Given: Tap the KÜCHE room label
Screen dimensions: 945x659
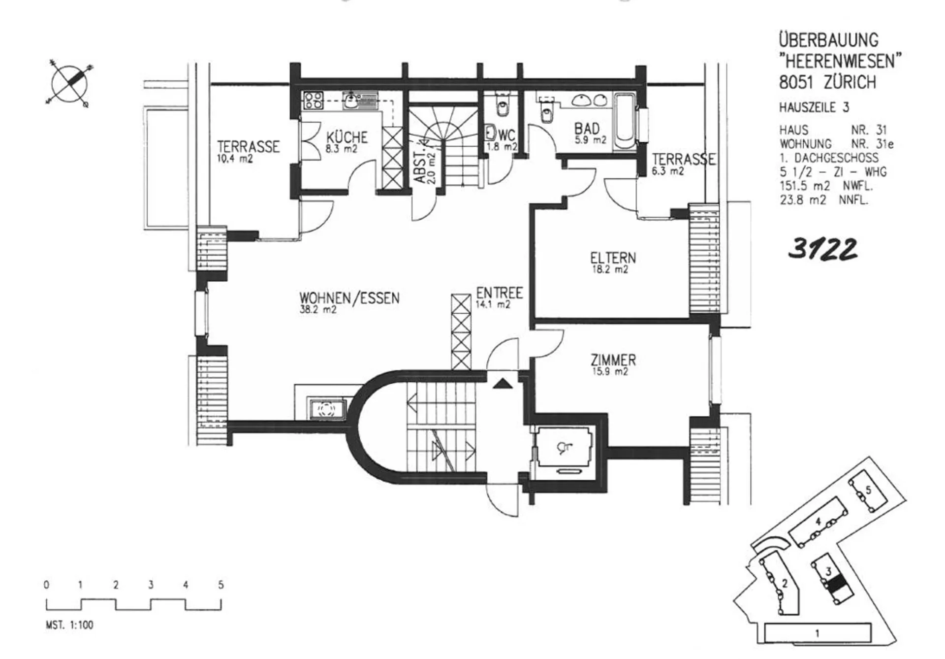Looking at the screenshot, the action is (347, 136).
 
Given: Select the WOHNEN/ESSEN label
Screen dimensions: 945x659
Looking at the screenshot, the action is (349, 298).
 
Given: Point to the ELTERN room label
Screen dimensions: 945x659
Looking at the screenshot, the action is (613, 258).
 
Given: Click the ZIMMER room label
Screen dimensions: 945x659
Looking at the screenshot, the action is (613, 360).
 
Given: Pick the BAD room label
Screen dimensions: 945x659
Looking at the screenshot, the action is (587, 129).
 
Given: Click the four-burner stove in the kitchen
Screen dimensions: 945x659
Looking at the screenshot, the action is (314, 101).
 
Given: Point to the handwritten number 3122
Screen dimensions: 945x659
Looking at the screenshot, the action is (822, 249).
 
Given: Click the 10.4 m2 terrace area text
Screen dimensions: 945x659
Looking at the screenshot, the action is (235, 159).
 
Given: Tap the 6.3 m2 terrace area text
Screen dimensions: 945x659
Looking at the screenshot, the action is (668, 171).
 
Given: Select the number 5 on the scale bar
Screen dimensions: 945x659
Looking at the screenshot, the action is (221, 585).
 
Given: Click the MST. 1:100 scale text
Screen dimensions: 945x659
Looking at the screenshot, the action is (69, 625).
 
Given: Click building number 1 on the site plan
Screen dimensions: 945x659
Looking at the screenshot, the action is (818, 633).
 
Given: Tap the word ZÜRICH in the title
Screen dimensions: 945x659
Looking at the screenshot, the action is (850, 82).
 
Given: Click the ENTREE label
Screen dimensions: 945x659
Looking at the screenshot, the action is (499, 294).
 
